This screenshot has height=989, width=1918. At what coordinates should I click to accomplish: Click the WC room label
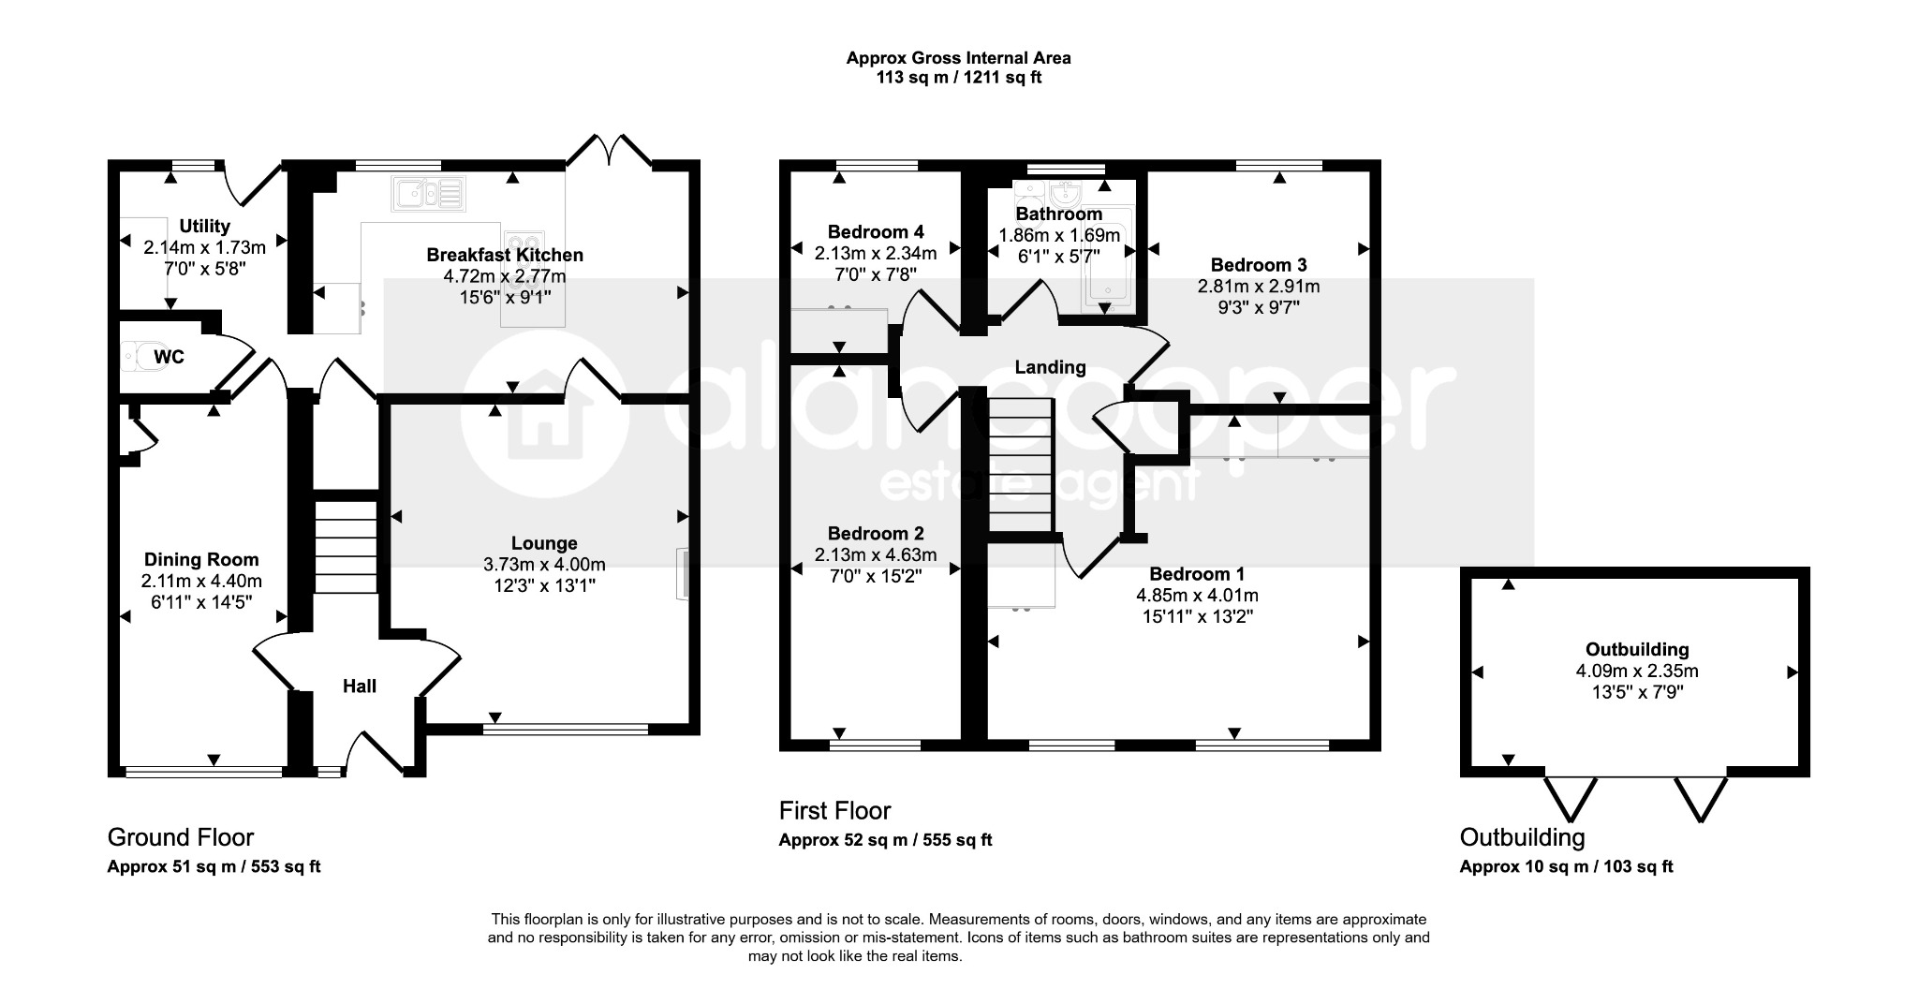(x=169, y=357)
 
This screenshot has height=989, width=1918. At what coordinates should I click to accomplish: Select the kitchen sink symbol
(x=429, y=194)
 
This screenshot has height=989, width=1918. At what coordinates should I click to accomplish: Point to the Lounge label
(x=544, y=543)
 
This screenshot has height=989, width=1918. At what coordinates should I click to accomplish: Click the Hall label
(x=360, y=686)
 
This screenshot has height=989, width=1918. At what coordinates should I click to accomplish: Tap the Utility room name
(x=204, y=226)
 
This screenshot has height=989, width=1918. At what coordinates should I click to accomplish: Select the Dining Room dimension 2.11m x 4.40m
(x=202, y=581)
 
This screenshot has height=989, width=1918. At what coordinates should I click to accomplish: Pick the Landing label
(x=1051, y=367)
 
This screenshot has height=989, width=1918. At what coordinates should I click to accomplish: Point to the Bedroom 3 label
(x=1259, y=265)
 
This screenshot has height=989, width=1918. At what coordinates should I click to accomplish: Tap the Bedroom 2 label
(x=876, y=533)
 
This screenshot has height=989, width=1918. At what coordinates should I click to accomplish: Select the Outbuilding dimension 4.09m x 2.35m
(x=1637, y=671)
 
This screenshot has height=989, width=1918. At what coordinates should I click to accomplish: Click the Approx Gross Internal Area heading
(x=959, y=57)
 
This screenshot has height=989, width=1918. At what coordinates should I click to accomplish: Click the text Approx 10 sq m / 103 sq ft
(x=1566, y=866)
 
